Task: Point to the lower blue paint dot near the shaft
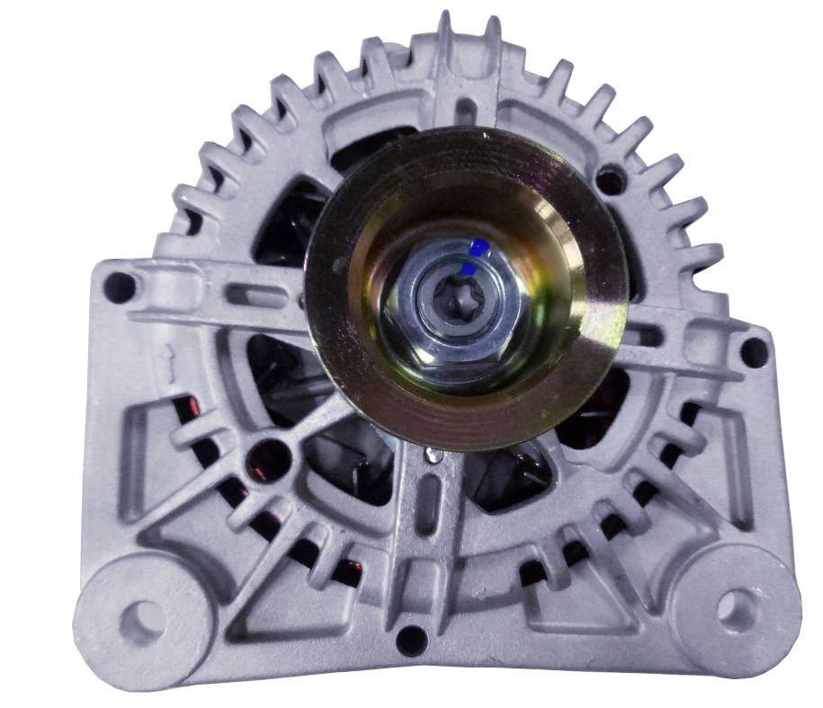coord(468,269)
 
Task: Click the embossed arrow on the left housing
coord(165,360)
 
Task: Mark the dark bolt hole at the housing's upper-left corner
coord(117,288)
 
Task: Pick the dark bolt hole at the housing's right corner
coord(752,353)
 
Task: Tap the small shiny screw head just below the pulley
coord(434,456)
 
